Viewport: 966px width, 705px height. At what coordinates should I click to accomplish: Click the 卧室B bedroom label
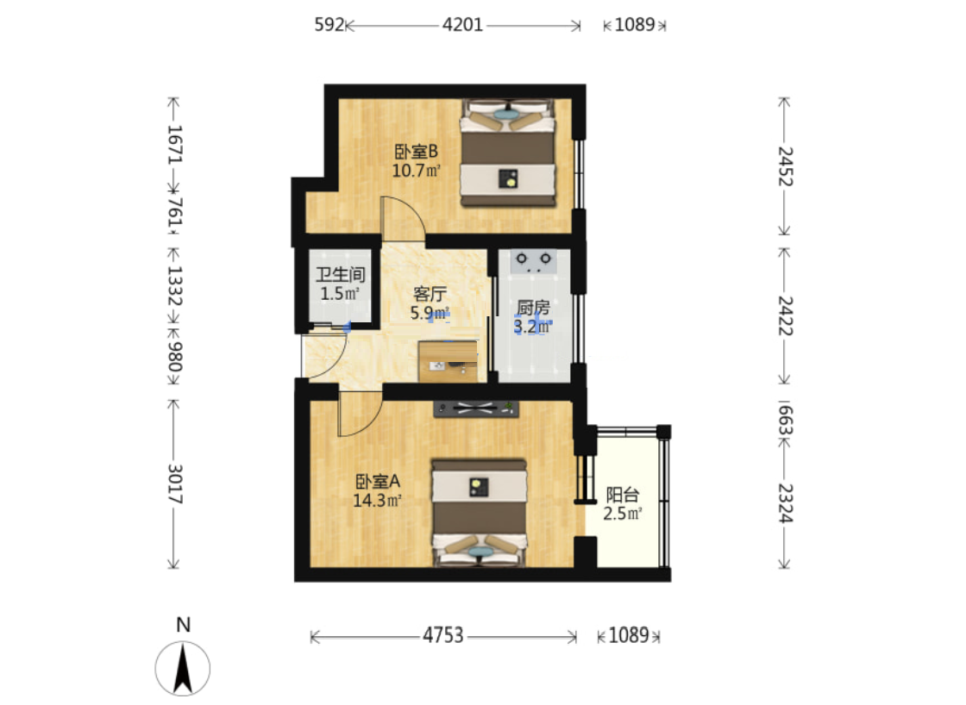click(x=416, y=151)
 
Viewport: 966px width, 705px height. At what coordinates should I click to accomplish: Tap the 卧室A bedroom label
click(x=378, y=481)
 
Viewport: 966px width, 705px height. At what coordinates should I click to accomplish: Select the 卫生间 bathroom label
click(x=340, y=275)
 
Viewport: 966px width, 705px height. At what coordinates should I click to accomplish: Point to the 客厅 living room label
click(x=430, y=293)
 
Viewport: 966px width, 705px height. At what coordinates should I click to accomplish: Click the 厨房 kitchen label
click(x=533, y=307)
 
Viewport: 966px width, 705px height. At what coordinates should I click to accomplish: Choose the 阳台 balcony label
click(x=622, y=495)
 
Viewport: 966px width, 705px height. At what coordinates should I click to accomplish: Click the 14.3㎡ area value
click(x=377, y=501)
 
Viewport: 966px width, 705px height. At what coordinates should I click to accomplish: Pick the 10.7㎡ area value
click(x=417, y=171)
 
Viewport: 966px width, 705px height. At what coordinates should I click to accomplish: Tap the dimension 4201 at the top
click(x=462, y=25)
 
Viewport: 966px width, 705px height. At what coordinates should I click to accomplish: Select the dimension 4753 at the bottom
click(x=443, y=635)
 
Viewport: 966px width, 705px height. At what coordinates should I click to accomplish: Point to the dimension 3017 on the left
click(x=175, y=484)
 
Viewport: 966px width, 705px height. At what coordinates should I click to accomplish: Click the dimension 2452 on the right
click(x=786, y=166)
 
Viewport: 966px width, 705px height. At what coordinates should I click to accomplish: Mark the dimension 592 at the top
click(x=329, y=25)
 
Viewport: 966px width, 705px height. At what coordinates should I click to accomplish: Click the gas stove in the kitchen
click(x=534, y=261)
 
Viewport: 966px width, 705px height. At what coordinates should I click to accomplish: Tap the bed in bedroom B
click(x=508, y=153)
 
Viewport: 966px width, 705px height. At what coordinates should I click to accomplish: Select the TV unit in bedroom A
click(x=476, y=409)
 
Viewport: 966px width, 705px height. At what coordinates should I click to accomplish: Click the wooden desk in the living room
click(x=448, y=361)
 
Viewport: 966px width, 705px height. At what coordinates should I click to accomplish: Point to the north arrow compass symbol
click(x=182, y=669)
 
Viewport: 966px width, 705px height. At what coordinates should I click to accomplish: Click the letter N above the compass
click(x=183, y=625)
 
